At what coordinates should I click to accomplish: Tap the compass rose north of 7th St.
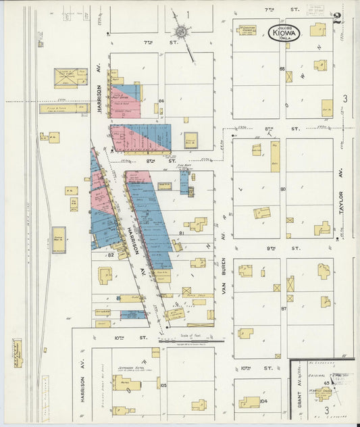point(180,30)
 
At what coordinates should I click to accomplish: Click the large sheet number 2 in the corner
point(336,18)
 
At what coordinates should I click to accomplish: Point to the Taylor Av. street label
point(342,200)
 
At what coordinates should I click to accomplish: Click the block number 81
point(181,233)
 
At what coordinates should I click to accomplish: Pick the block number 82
point(110,255)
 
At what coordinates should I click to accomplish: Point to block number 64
point(161,102)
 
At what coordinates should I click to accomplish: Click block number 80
point(283,189)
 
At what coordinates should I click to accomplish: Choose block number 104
point(263,401)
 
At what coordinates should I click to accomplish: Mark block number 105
point(163,384)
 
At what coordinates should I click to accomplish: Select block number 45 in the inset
point(326,382)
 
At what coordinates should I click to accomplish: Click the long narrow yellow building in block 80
point(275,156)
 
